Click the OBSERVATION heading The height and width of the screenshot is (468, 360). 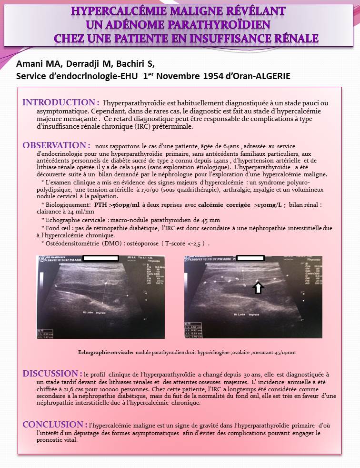(56, 145)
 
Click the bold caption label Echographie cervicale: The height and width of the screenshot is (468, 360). (106, 352)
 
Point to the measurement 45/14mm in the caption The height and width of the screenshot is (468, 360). (284, 352)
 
